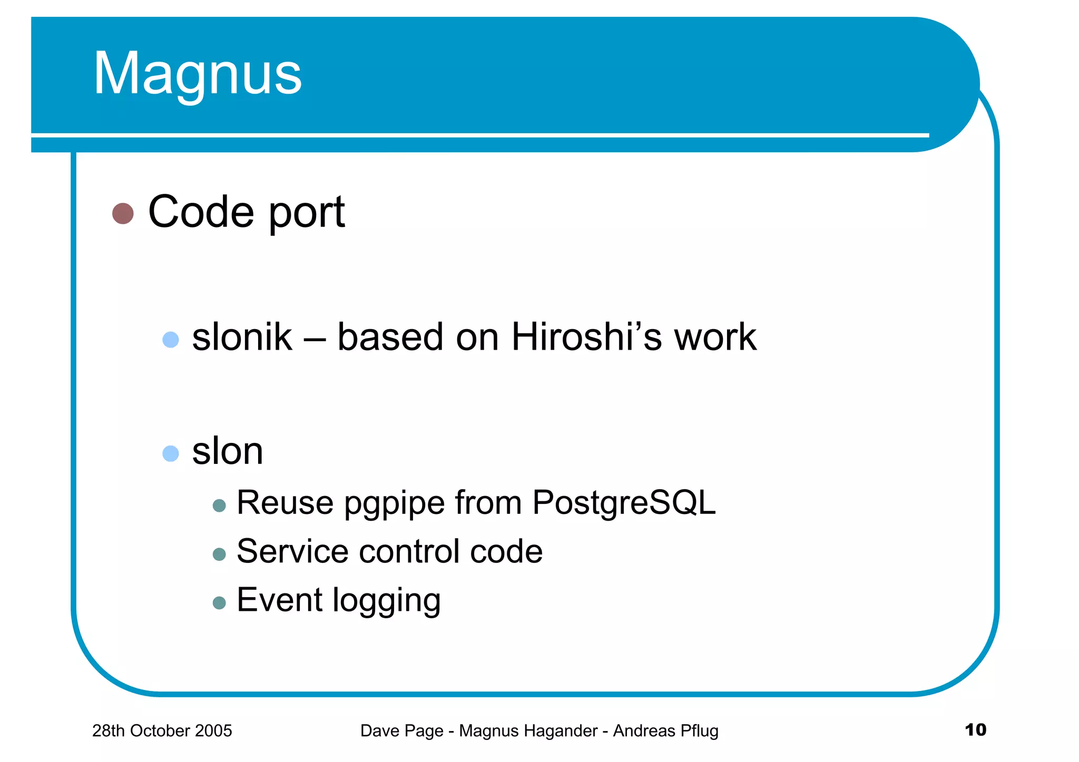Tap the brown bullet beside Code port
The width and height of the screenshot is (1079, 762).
click(x=123, y=213)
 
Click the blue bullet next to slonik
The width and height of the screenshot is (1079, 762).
click(x=171, y=339)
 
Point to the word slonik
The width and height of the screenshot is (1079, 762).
click(x=242, y=337)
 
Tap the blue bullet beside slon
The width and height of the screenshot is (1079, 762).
click(x=171, y=453)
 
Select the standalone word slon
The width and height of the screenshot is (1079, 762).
click(x=228, y=452)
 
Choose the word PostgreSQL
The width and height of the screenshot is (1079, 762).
click(x=624, y=503)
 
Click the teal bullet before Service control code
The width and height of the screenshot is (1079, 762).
click(x=219, y=554)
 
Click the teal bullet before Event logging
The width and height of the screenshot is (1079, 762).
click(x=219, y=602)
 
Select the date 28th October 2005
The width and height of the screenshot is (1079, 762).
click(x=162, y=731)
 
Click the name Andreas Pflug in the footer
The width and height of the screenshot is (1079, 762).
click(x=665, y=731)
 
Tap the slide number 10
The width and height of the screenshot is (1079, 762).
click(x=975, y=730)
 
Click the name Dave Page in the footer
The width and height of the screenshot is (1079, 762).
click(x=401, y=731)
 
